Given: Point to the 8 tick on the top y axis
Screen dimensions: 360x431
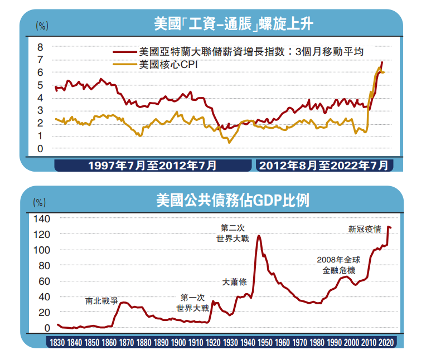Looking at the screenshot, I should (x=41, y=46).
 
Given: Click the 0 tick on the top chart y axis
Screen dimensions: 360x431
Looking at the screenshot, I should (x=41, y=149).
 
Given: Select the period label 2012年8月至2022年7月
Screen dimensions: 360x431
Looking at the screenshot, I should (x=323, y=166).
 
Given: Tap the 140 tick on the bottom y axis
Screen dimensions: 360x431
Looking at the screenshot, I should (x=42, y=218).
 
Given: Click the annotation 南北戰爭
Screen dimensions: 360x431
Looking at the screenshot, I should (x=102, y=300).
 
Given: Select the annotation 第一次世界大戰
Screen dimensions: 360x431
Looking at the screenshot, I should (x=192, y=302).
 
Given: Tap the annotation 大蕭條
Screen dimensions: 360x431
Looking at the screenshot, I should (x=234, y=281).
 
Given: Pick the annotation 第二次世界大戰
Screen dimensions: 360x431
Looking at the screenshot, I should (x=233, y=233).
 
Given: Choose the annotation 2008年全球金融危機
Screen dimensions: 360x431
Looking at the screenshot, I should (x=338, y=265).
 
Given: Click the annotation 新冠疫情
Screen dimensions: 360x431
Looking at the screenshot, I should (x=365, y=228).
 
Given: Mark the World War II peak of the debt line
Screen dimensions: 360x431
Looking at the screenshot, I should (x=259, y=236).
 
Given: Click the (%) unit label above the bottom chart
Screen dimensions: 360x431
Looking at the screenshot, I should (x=40, y=202).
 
